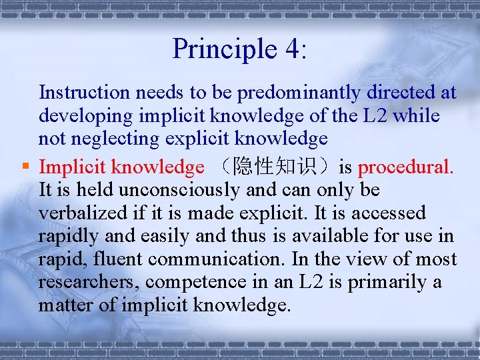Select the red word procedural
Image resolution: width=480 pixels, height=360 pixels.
point(405,167)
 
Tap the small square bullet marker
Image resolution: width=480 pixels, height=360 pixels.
point(25,167)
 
